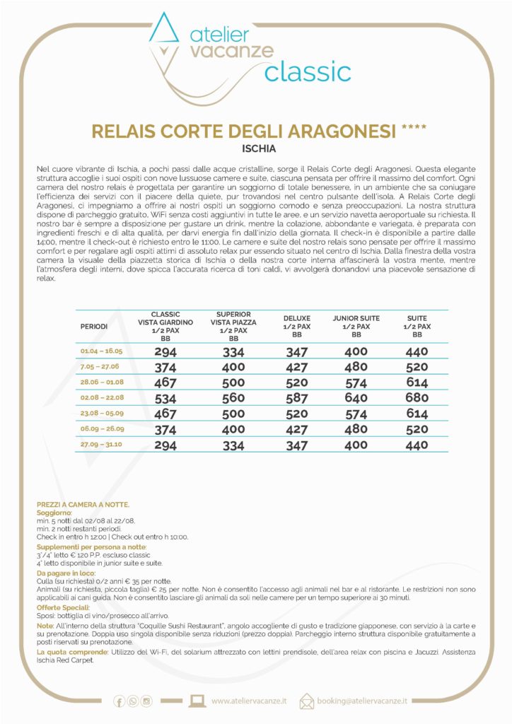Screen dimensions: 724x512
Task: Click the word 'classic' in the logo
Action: pyautogui.click(x=308, y=72)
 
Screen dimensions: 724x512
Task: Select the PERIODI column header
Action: pyautogui.click(x=94, y=327)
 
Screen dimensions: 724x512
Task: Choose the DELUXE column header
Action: pyautogui.click(x=297, y=327)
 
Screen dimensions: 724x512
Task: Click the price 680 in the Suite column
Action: pyautogui.click(x=417, y=399)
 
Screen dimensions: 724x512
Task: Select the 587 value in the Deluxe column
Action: pyautogui.click(x=297, y=399)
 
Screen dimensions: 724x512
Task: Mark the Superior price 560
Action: pyautogui.click(x=233, y=399)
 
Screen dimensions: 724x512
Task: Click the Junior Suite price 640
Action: pyautogui.click(x=356, y=399)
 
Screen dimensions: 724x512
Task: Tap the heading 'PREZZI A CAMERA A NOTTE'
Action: pyautogui.click(x=83, y=504)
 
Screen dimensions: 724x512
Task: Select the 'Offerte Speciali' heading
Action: pyautogui.click(x=64, y=607)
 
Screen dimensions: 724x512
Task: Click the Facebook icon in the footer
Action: pyautogui.click(x=119, y=701)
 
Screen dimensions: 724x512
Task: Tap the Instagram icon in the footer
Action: pyautogui.click(x=147, y=701)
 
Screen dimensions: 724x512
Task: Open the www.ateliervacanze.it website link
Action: pyautogui.click(x=249, y=701)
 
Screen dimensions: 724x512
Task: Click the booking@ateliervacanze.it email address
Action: pyautogui.click(x=363, y=701)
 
